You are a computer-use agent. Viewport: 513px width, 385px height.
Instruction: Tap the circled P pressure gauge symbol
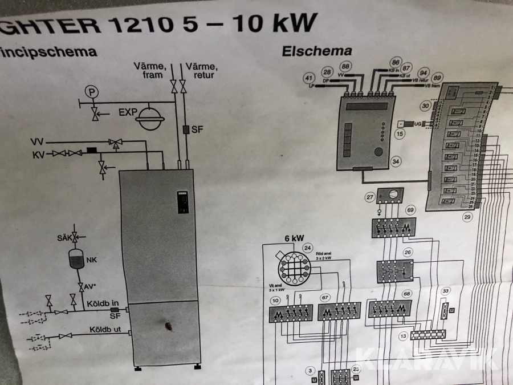coord(90,91)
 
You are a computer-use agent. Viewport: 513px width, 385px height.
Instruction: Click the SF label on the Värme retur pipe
coord(197,130)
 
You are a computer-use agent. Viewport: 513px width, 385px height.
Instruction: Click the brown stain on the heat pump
coord(170,327)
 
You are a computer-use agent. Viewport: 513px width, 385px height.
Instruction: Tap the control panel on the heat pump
coord(182,202)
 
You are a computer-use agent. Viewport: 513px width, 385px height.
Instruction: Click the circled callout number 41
coord(309,78)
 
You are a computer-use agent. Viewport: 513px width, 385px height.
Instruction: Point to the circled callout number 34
coord(396,161)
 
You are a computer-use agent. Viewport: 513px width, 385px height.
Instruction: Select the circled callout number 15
coord(400,133)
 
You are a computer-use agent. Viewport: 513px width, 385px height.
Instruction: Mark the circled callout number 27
coord(371,197)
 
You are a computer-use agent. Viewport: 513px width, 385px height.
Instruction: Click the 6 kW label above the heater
coord(295,238)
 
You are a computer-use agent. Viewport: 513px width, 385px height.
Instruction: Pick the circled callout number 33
coord(446,291)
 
